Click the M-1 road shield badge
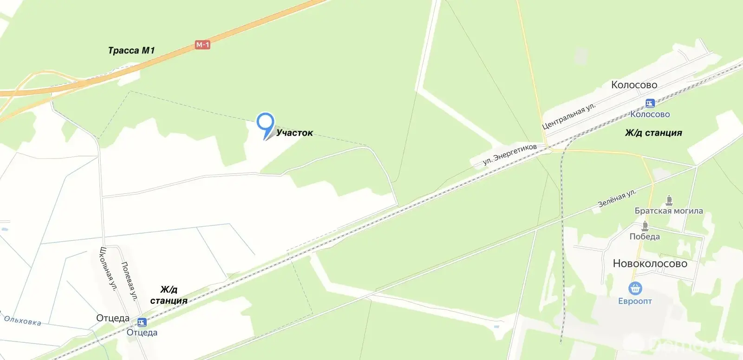202,45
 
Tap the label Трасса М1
131,50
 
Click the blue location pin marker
265,124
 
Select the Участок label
294,133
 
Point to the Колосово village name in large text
634,85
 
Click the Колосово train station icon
650,103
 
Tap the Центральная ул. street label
568,116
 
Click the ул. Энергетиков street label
509,154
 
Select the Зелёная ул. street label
617,198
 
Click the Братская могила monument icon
669,201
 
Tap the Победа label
645,236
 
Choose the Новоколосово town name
650,263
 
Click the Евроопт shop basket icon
635,288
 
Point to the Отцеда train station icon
142,322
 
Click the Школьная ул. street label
107,269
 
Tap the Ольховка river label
22,320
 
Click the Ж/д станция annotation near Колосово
653,133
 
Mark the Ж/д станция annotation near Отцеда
169,295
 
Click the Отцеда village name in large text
113,318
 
